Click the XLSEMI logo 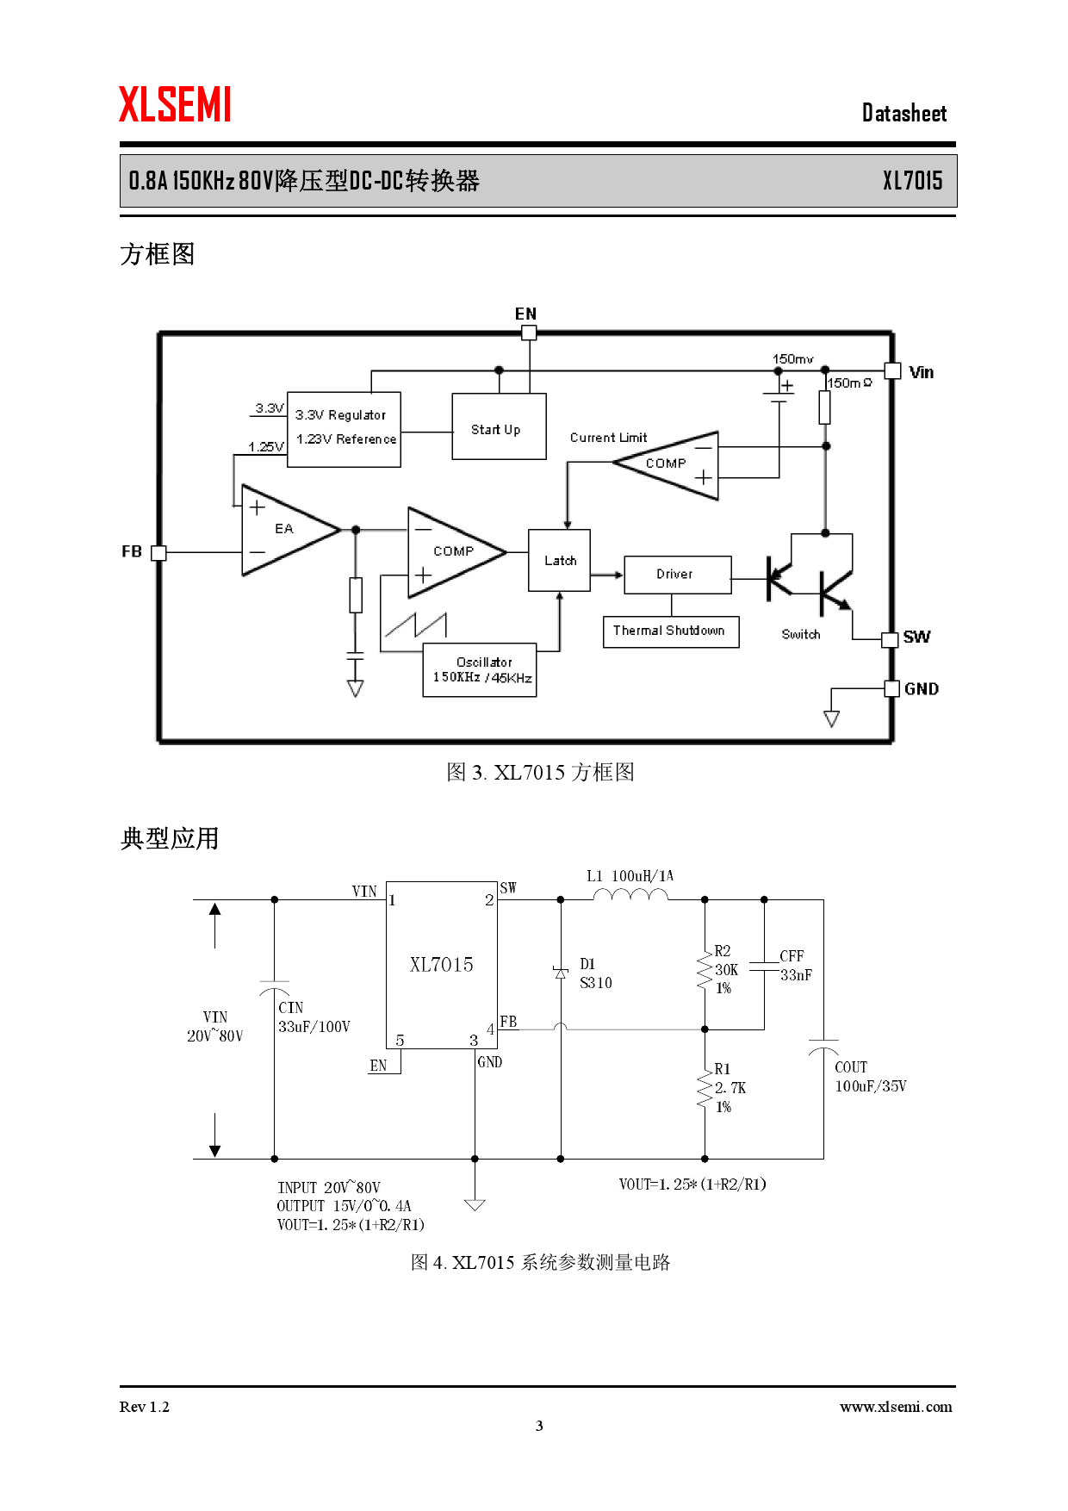click(175, 105)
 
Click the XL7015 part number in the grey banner click(912, 181)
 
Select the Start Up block click(499, 427)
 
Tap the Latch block click(559, 561)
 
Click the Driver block click(677, 575)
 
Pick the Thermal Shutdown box click(670, 631)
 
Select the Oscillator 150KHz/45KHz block click(480, 670)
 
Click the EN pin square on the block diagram click(529, 333)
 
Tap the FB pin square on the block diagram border click(158, 553)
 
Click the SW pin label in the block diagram click(916, 637)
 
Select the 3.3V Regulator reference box click(344, 428)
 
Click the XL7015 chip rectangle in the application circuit click(441, 965)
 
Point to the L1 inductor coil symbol click(630, 896)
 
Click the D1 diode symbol click(561, 973)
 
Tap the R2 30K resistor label click(724, 969)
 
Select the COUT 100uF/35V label click(869, 1077)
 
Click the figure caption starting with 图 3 click(540, 772)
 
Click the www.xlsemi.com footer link click(896, 1407)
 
